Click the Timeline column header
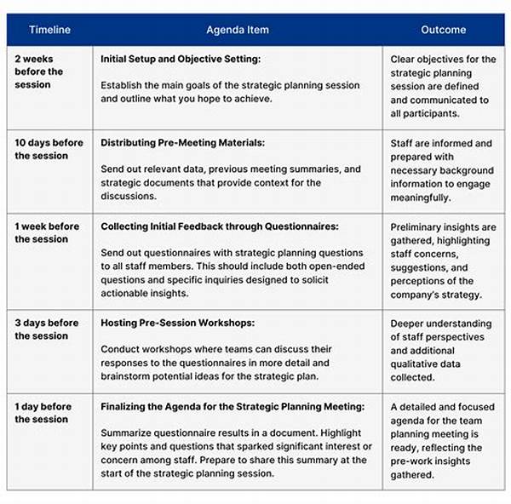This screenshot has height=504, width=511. click(x=49, y=30)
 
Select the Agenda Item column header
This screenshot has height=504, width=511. click(x=237, y=30)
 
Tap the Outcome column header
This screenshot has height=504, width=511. click(x=443, y=30)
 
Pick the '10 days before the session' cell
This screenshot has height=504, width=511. click(x=49, y=149)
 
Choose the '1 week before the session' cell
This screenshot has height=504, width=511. click(x=47, y=232)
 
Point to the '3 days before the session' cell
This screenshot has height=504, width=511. click(x=47, y=329)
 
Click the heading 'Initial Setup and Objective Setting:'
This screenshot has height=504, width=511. click(x=180, y=60)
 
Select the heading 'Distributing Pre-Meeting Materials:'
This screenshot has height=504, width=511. click(x=182, y=143)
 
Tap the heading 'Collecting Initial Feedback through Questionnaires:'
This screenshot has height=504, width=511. click(x=220, y=226)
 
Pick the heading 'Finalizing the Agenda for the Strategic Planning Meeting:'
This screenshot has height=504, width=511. click(x=233, y=407)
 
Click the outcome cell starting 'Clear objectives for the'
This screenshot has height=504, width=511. click(x=443, y=85)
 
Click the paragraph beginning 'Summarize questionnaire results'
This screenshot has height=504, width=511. click(x=234, y=453)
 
